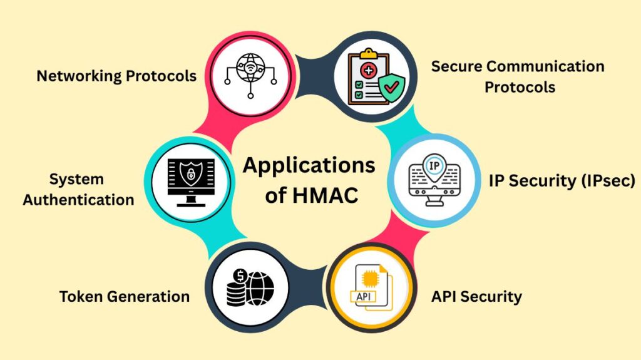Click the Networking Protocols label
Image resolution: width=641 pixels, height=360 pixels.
click(116, 76)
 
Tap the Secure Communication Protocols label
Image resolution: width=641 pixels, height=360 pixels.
click(518, 76)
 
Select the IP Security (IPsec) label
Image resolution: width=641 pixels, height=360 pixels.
click(562, 181)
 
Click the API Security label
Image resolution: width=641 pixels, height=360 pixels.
click(476, 296)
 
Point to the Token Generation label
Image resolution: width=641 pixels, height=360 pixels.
click(125, 296)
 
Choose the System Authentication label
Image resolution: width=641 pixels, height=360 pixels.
click(78, 190)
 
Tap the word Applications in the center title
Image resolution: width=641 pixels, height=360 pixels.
click(309, 165)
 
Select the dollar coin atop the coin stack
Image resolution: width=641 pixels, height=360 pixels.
click(238, 276)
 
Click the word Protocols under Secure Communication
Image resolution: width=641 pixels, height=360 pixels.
click(520, 87)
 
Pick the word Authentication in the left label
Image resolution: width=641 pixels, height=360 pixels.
click(78, 200)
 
